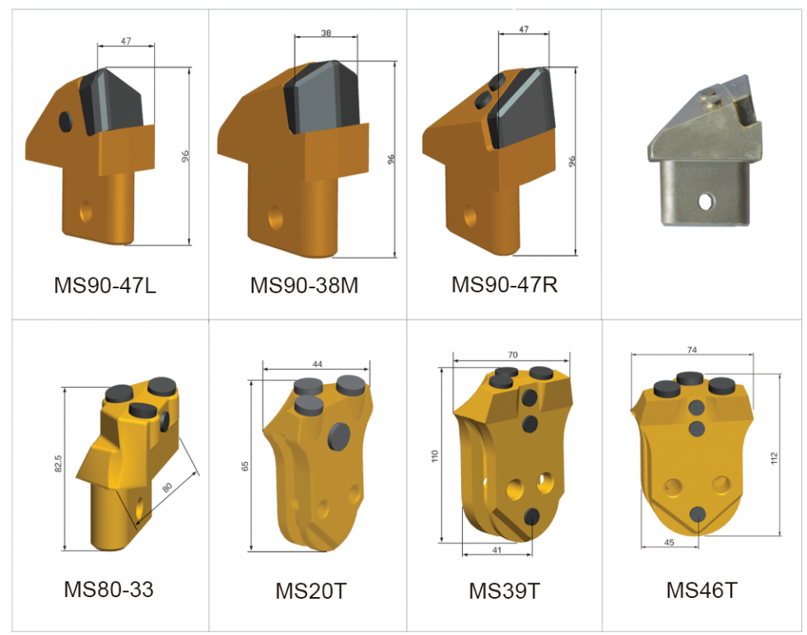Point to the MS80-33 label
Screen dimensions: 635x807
tap(109, 590)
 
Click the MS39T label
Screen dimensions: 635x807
tap(504, 591)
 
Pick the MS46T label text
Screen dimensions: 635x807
tap(702, 591)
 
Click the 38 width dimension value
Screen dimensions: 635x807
tap(327, 34)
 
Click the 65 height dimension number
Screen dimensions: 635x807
tap(245, 465)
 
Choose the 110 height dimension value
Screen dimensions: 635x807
tap(436, 455)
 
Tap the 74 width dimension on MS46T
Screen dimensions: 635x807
tap(691, 350)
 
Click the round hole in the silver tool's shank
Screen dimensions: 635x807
tap(705, 200)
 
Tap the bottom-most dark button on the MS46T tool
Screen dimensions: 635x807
tap(697, 514)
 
